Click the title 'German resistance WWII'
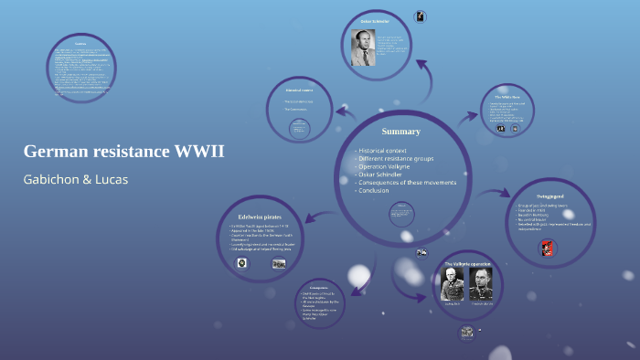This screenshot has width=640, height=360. [x=123, y=151]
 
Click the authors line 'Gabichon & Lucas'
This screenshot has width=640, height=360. [x=76, y=179]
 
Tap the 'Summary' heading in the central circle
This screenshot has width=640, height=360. [x=400, y=132]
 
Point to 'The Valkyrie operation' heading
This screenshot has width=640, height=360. [x=468, y=264]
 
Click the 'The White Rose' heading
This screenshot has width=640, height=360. [x=507, y=96]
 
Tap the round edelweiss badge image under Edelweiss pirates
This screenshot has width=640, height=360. [x=241, y=263]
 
